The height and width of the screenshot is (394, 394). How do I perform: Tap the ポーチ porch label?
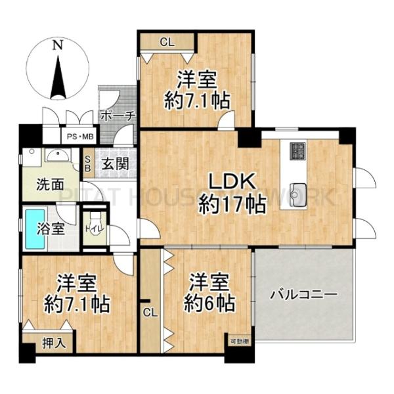pyautogui.click(x=118, y=116)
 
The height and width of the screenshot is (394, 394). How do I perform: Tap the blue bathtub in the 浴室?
pyautogui.click(x=34, y=229)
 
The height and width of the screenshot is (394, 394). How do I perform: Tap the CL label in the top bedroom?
pyautogui.click(x=167, y=42)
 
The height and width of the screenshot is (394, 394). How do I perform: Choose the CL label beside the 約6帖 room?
pyautogui.click(x=150, y=313)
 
